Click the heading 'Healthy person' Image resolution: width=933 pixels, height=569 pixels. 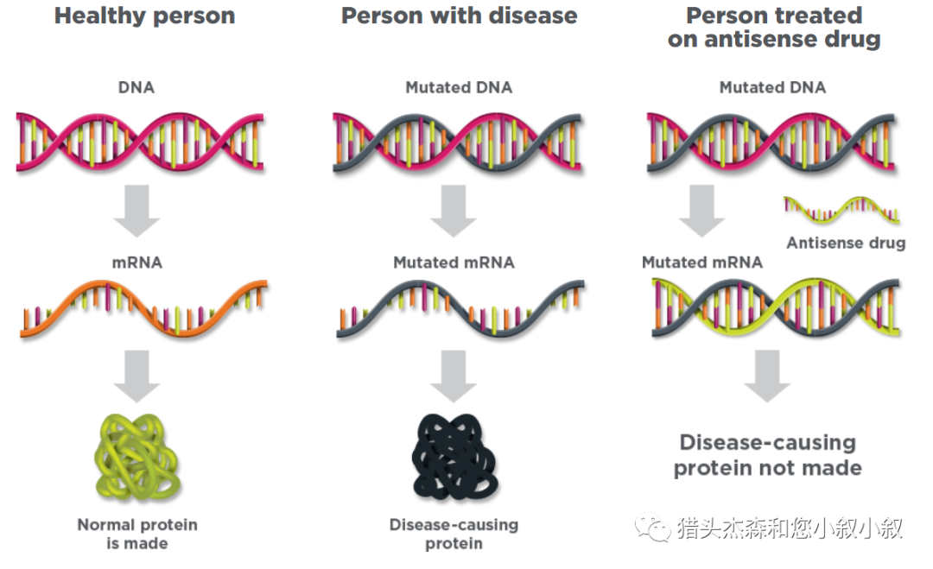tap(144, 16)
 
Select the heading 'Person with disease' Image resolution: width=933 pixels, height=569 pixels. tap(459, 16)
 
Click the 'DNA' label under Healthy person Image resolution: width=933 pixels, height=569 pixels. tap(136, 87)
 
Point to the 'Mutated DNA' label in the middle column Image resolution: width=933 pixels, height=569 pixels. tap(459, 87)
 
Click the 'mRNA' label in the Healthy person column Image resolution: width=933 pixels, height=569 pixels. tap(136, 262)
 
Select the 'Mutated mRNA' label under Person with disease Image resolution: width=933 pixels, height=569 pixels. tap(454, 262)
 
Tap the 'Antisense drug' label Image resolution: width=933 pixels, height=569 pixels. tap(846, 243)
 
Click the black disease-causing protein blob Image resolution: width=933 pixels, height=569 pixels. tap(454, 457)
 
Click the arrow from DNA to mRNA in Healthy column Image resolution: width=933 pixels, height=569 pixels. tap(136, 211)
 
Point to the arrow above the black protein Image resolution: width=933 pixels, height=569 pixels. tap(454, 376)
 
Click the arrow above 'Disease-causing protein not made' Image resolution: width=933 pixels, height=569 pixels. tap(768, 376)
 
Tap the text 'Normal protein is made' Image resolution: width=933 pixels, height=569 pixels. tap(137, 534)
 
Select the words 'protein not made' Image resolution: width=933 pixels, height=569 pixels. tap(768, 469)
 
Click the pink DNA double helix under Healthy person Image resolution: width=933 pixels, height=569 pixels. tap(140, 142)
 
